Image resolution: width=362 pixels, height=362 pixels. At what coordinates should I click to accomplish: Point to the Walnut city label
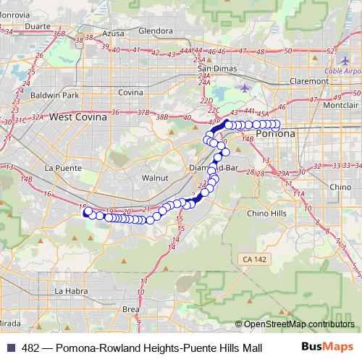point(155,177)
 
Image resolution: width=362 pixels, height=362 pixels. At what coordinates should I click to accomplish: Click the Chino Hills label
point(266,214)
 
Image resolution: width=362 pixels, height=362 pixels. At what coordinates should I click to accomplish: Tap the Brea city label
point(131,309)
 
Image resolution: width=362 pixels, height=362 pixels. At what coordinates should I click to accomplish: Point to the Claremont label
point(307,81)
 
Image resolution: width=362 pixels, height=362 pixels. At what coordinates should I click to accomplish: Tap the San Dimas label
point(214,69)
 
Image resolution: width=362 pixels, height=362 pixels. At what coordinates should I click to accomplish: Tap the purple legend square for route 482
point(10,348)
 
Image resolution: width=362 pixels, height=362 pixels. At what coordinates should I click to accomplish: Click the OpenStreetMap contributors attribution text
point(299,324)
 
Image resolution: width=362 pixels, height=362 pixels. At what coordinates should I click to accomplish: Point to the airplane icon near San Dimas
point(245,88)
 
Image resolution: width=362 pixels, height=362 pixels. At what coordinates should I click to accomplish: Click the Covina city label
point(130,93)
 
